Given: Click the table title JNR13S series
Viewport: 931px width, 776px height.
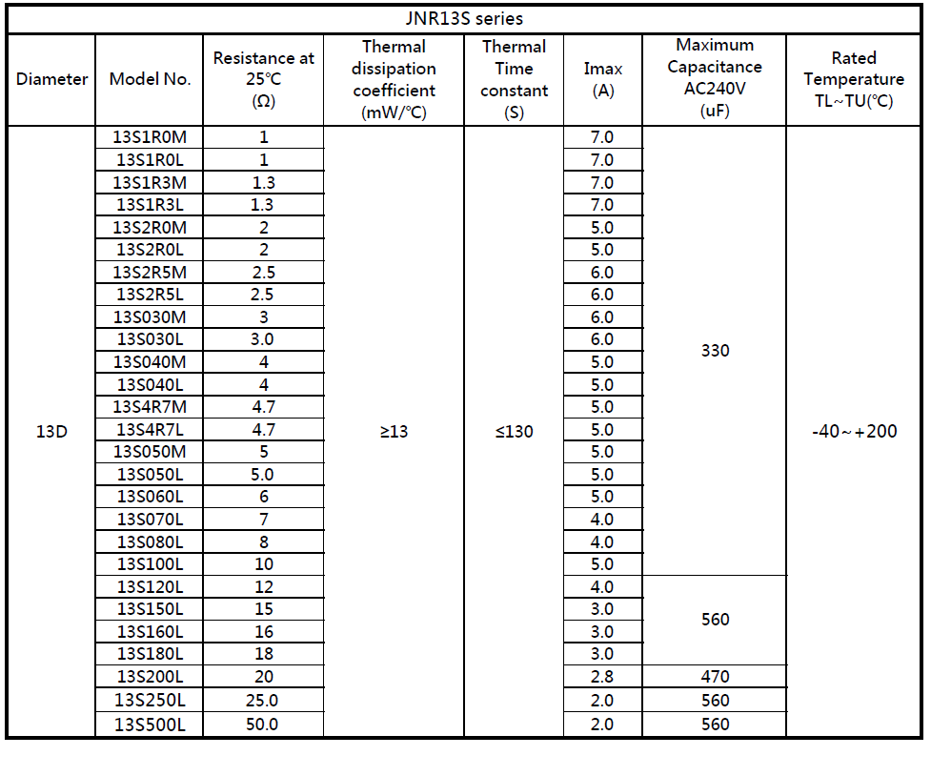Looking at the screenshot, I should (464, 18).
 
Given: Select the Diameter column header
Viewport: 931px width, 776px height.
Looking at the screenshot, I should (51, 79).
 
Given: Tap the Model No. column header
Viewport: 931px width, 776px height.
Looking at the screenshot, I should (150, 79).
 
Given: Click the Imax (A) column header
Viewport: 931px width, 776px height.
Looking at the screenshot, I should (602, 79).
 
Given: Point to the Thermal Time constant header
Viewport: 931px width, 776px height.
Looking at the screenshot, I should (514, 79).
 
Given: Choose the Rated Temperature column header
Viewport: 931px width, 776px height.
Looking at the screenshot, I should (854, 79).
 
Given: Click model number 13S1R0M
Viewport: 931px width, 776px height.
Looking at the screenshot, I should (150, 137).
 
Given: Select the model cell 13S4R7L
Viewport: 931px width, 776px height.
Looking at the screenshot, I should (150, 430).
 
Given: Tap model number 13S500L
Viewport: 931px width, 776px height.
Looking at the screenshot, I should (150, 725).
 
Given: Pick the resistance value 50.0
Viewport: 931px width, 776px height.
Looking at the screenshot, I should (264, 725).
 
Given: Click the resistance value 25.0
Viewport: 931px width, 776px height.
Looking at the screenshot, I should (264, 701).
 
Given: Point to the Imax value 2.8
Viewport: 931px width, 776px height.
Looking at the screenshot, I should (602, 677).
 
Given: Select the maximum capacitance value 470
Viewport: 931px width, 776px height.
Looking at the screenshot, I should (715, 677).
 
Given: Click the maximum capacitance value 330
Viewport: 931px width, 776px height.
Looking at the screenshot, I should (715, 351).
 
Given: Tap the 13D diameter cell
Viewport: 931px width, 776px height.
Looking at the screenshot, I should (51, 432).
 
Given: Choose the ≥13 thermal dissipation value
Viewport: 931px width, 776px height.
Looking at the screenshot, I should (394, 432).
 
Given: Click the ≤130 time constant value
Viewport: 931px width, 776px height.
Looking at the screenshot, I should (514, 432).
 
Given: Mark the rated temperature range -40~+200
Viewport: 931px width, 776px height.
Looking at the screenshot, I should (854, 432).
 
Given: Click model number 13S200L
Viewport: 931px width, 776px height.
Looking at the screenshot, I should (150, 677).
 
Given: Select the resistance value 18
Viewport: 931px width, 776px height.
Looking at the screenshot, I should (264, 654).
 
